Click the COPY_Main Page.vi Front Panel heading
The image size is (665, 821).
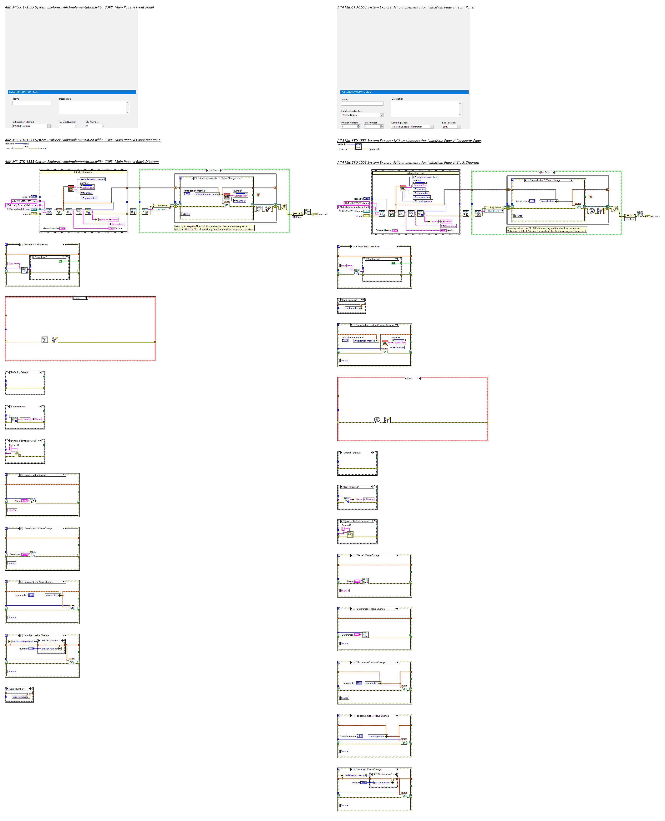click(79, 7)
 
